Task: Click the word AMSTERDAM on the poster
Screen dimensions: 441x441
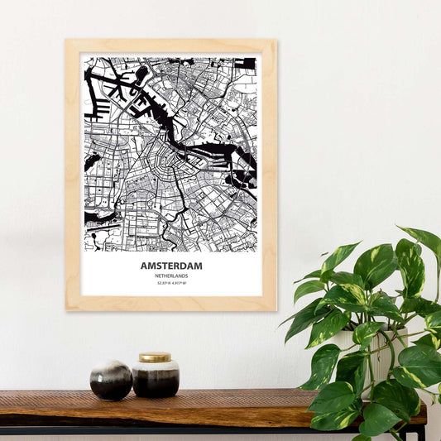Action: [171, 266]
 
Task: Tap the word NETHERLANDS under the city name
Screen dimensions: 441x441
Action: [171, 276]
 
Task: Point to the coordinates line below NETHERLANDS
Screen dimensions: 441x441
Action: [171, 283]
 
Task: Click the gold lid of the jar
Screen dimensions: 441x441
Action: [155, 357]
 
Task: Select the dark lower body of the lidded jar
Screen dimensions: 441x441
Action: [156, 383]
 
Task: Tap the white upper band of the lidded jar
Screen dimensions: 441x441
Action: [156, 367]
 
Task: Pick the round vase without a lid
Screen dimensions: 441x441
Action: [111, 380]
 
